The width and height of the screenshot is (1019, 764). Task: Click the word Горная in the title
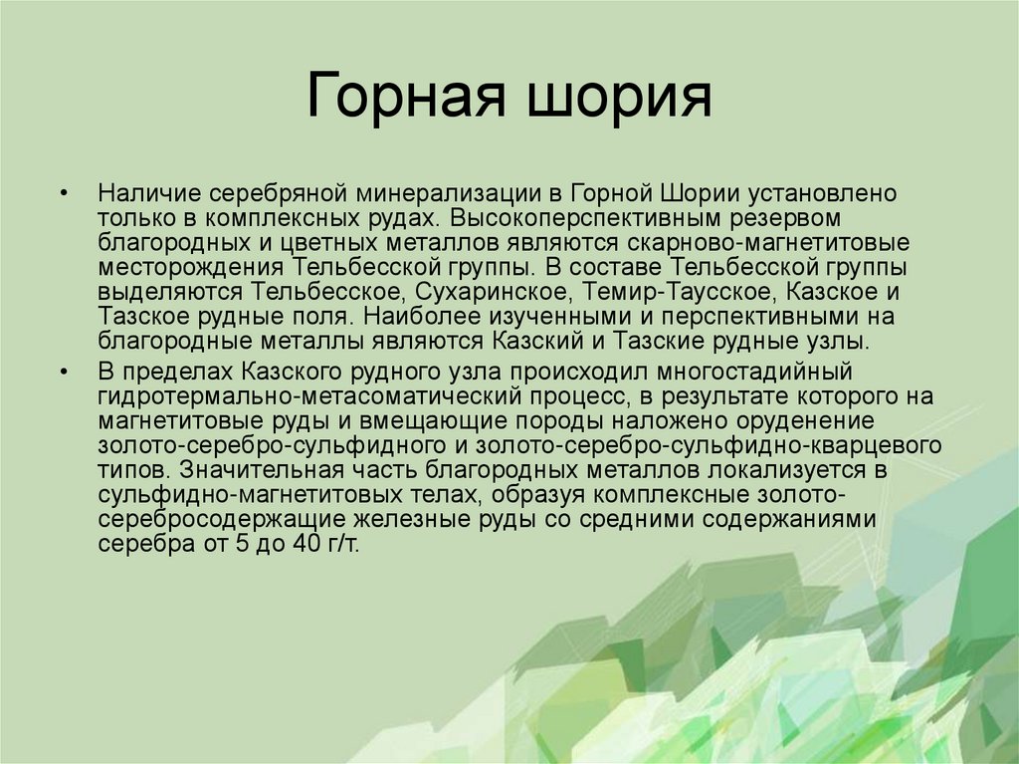pyautogui.click(x=396, y=100)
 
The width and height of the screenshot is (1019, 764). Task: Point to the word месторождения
pyautogui.click(x=192, y=267)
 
